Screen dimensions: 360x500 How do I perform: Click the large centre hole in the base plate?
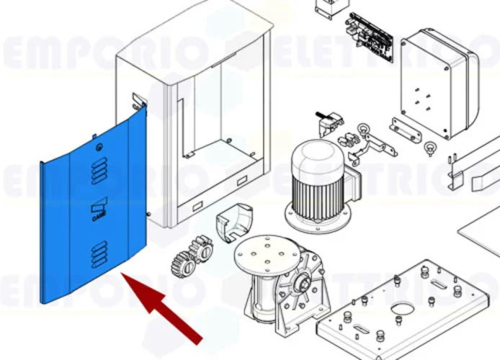click(x=398, y=312)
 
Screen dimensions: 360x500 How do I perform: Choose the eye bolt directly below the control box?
click(x=431, y=150)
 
